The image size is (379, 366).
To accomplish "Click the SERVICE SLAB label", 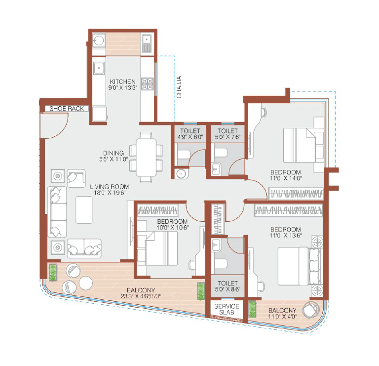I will [226, 310].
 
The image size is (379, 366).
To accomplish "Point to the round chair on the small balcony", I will [310, 309].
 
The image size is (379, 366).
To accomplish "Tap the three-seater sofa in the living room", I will [57, 211].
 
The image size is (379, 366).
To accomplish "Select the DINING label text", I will [114, 153].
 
